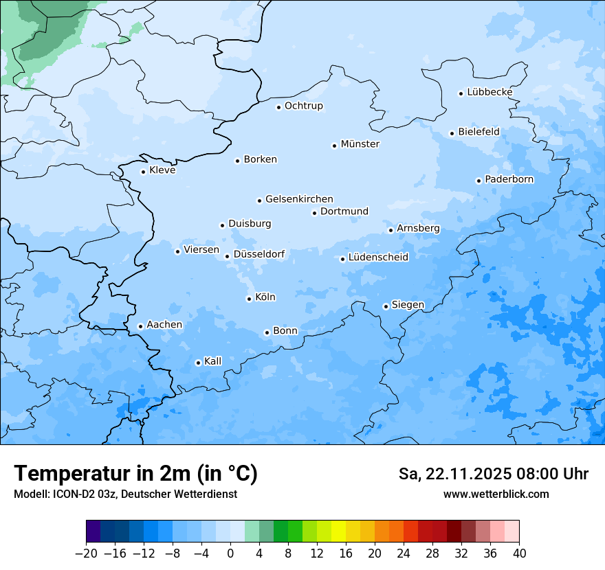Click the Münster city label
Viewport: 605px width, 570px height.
click(x=360, y=144)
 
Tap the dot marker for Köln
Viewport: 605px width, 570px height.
click(x=249, y=299)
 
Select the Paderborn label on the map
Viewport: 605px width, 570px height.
click(x=509, y=179)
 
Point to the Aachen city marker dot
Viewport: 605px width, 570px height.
click(x=140, y=327)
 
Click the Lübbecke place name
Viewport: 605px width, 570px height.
click(x=489, y=92)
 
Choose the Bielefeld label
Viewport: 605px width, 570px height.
click(x=478, y=132)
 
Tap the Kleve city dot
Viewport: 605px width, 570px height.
click(x=143, y=172)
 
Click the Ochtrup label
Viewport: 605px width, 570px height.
click(x=303, y=106)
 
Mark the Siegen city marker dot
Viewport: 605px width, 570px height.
click(x=386, y=306)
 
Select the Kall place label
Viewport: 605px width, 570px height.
click(x=213, y=361)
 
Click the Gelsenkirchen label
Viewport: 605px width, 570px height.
click(x=299, y=199)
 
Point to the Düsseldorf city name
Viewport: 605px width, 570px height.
click(x=258, y=254)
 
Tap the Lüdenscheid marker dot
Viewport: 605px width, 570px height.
click(x=342, y=259)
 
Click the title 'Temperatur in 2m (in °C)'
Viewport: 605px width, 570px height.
click(x=135, y=474)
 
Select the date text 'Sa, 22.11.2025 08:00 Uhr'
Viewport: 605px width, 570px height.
click(x=493, y=474)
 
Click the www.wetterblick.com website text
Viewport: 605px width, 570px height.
click(x=496, y=494)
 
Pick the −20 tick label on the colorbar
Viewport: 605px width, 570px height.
click(x=87, y=554)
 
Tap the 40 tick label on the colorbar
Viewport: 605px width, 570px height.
click(x=519, y=554)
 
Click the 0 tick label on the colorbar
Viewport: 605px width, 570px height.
click(x=230, y=554)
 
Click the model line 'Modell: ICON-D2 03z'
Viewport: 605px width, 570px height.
click(x=125, y=494)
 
